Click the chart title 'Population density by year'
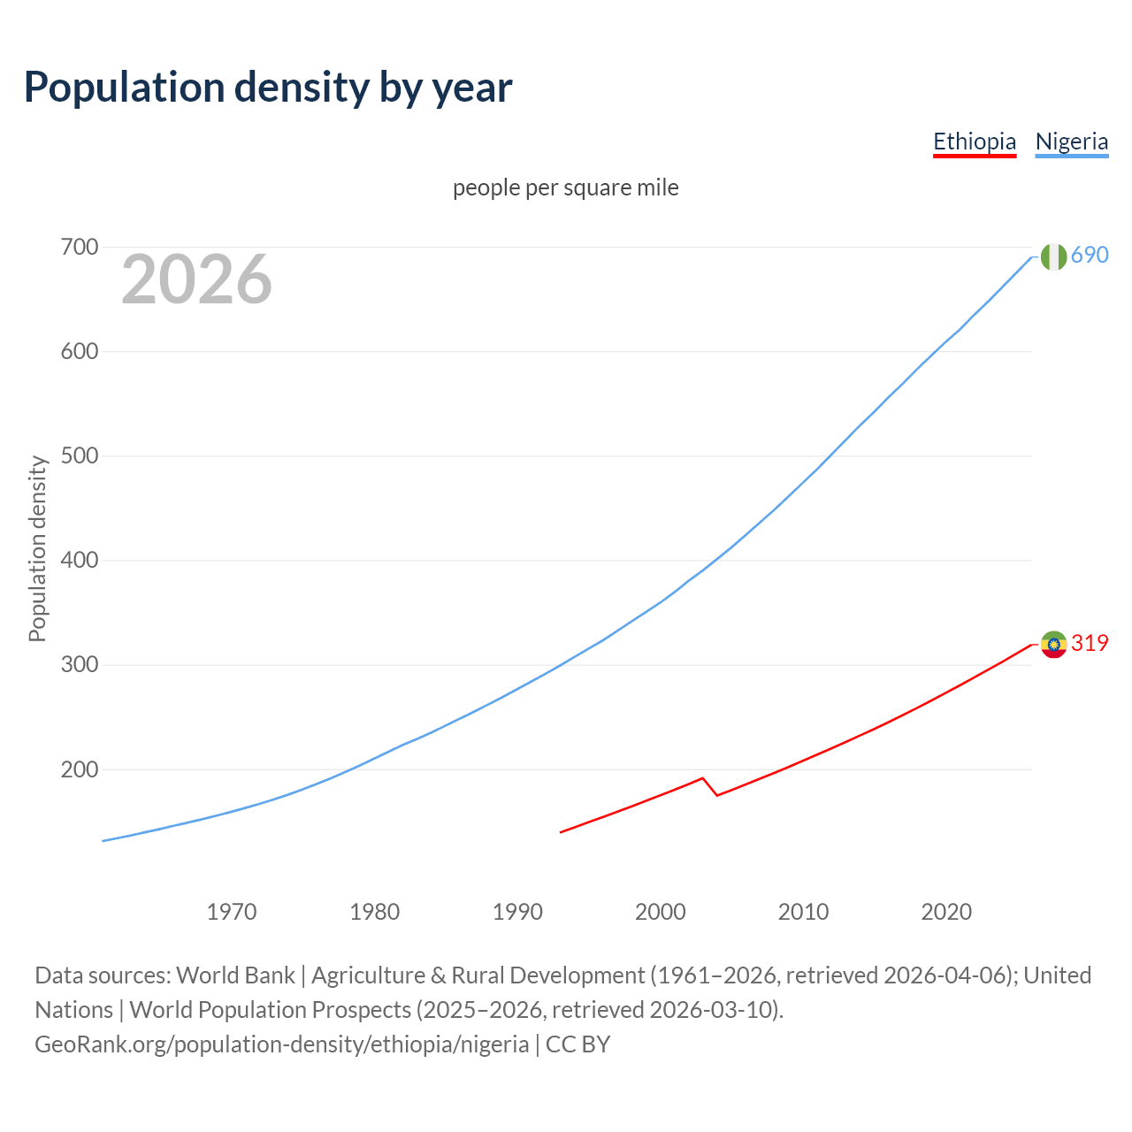[x=268, y=88]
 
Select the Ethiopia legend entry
[x=975, y=141]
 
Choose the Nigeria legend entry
[x=1071, y=141]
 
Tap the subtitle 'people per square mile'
[x=565, y=187]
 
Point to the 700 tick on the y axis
[x=79, y=247]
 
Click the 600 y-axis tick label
[x=79, y=351]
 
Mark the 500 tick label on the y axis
[x=79, y=455]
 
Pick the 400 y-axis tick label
[x=79, y=560]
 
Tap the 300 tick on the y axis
[x=79, y=664]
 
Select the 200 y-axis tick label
[x=79, y=769]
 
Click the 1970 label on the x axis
[x=232, y=911]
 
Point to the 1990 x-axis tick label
[x=517, y=911]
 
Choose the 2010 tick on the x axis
[x=803, y=911]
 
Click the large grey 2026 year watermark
[x=196, y=279]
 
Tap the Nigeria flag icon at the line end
[x=1053, y=256]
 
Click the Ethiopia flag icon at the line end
[x=1053, y=645]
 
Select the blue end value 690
[x=1090, y=255]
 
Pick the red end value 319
[x=1090, y=643]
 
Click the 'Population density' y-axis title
[x=37, y=548]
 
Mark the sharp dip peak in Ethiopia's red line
[x=702, y=778]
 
